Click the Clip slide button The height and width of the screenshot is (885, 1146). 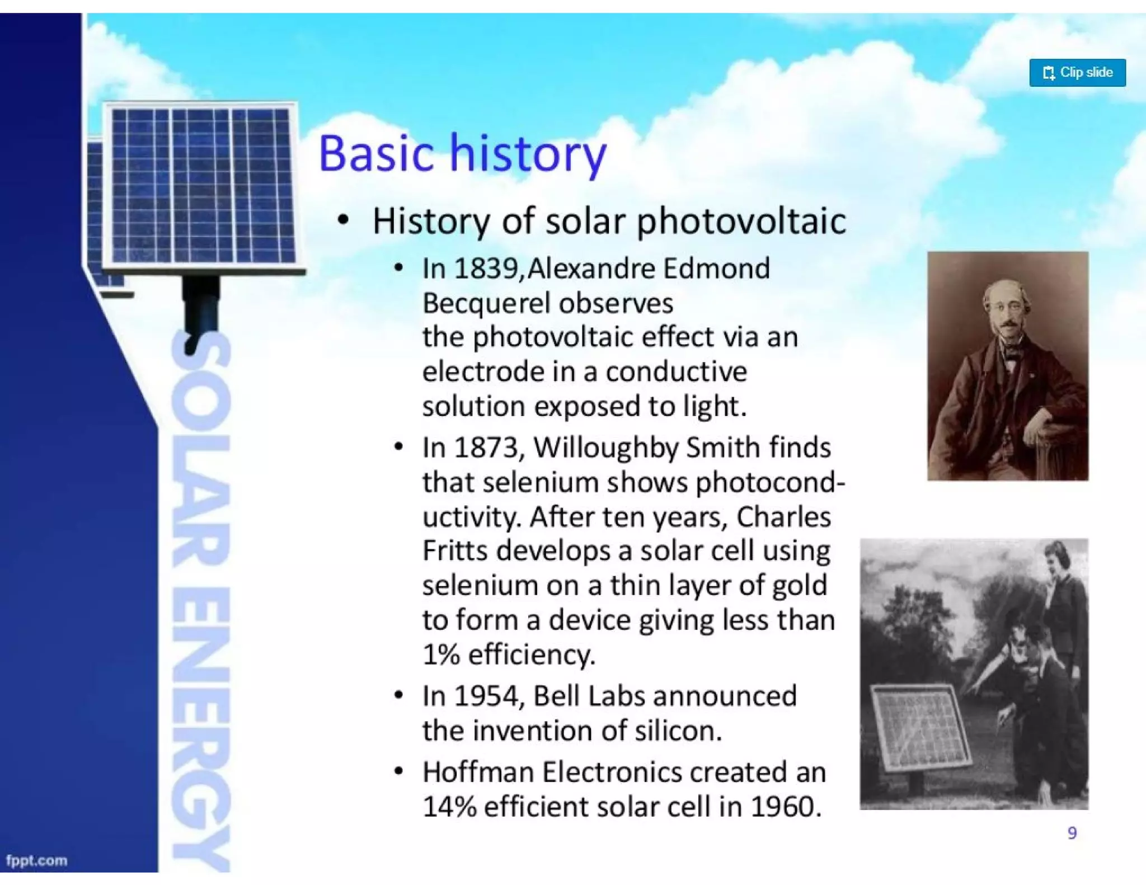click(1077, 73)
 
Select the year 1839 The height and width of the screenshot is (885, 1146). click(486, 269)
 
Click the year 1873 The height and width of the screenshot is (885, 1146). click(486, 448)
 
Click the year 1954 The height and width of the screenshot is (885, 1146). click(486, 696)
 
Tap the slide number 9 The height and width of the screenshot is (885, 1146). click(1072, 834)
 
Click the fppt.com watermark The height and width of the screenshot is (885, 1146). click(37, 860)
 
